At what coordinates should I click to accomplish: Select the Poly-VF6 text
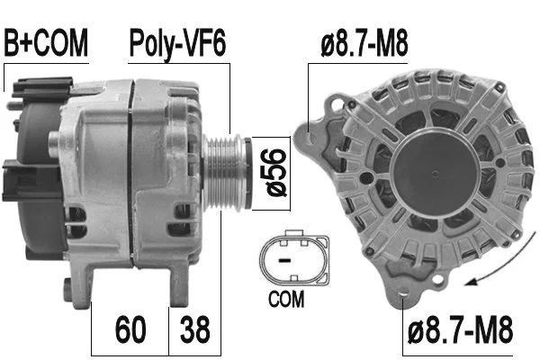point(178,42)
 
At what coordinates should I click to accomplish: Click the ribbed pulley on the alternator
point(224,171)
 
